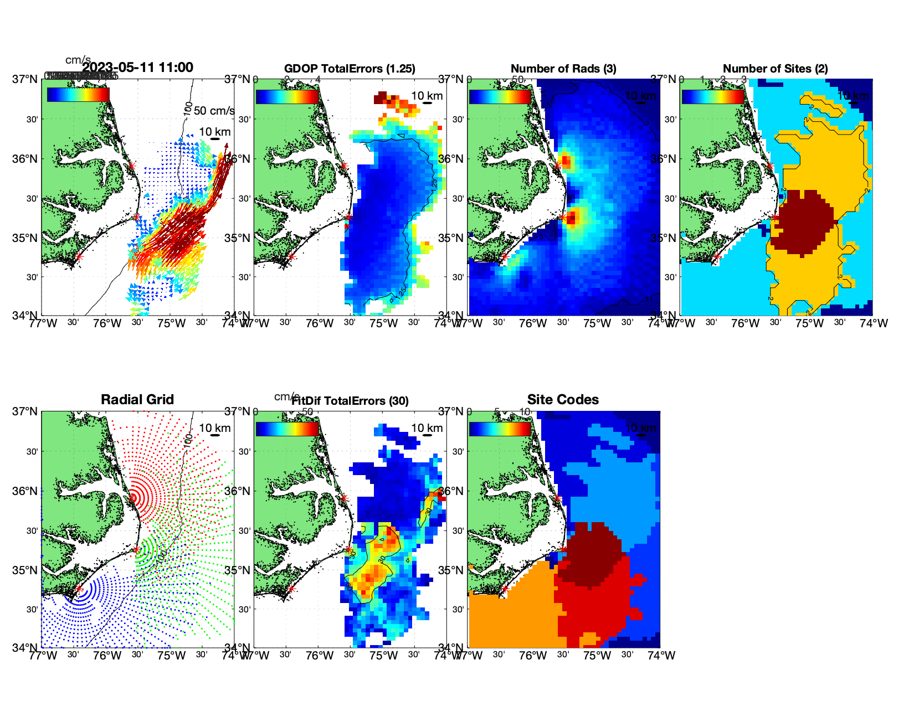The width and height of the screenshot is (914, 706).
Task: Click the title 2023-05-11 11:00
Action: (137, 68)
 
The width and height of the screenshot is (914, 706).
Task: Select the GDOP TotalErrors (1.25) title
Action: (350, 69)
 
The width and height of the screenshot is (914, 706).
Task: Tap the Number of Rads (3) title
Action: (563, 69)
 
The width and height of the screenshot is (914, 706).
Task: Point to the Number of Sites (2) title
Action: (775, 69)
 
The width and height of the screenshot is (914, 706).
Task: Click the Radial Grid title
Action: (137, 400)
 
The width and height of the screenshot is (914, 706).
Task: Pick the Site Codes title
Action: (563, 400)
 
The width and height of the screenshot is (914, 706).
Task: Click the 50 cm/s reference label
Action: (214, 111)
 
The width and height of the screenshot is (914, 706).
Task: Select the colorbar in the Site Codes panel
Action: (500, 429)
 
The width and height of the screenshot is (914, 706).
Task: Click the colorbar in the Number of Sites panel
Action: (713, 96)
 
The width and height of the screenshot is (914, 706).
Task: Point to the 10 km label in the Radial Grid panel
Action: (214, 428)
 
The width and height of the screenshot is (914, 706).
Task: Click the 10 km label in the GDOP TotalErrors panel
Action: (427, 96)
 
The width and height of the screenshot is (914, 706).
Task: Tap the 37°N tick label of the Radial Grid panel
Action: (25, 411)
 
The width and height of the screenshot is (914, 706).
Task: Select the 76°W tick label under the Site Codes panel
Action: (533, 656)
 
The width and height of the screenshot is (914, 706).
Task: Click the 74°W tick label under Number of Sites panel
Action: (874, 323)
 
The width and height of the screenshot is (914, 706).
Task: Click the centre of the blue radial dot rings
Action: (79, 589)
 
